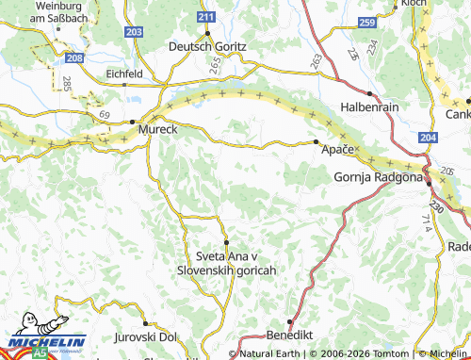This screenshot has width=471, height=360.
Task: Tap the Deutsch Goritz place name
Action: pos(207,46)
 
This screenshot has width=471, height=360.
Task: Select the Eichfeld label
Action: pos(124,73)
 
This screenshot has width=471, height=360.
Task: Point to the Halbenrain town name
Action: pos(369,107)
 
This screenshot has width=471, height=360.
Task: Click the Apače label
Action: pos(338,150)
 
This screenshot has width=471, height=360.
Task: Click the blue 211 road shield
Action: pos(206,18)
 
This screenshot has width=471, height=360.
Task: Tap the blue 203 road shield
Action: pos(134,32)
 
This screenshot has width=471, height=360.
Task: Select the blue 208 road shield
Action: pos(75,58)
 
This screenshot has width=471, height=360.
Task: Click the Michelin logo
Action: pos(45,340)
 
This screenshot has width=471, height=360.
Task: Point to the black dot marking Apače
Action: pos(316,141)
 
